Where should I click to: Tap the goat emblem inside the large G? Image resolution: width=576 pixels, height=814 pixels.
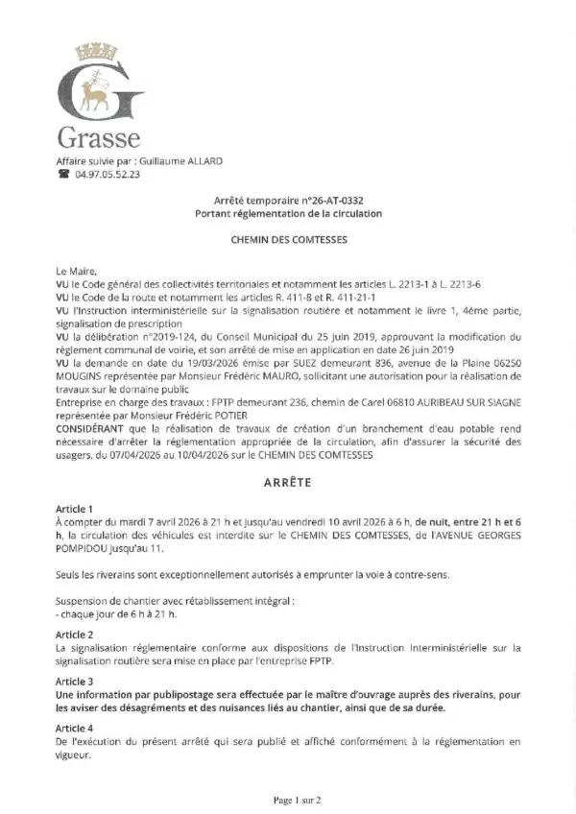coord(95,92)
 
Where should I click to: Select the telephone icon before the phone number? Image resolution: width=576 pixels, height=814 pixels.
coord(63,175)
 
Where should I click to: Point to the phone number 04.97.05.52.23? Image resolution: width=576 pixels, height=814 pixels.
coord(107,175)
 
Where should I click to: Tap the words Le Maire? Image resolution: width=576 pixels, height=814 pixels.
coord(77,273)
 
